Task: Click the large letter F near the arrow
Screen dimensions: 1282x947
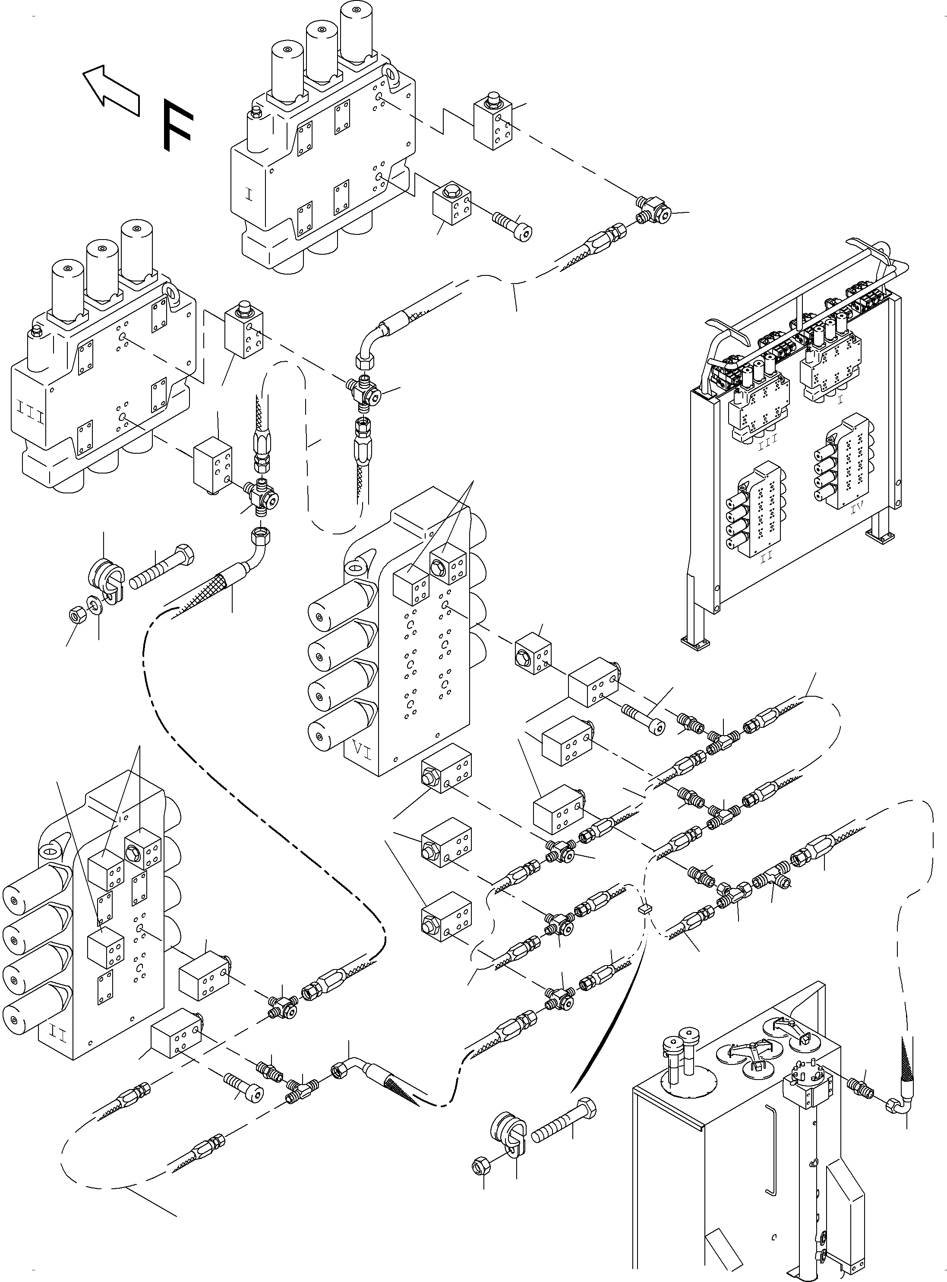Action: pos(175,125)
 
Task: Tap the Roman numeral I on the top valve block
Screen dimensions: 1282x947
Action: pos(249,195)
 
